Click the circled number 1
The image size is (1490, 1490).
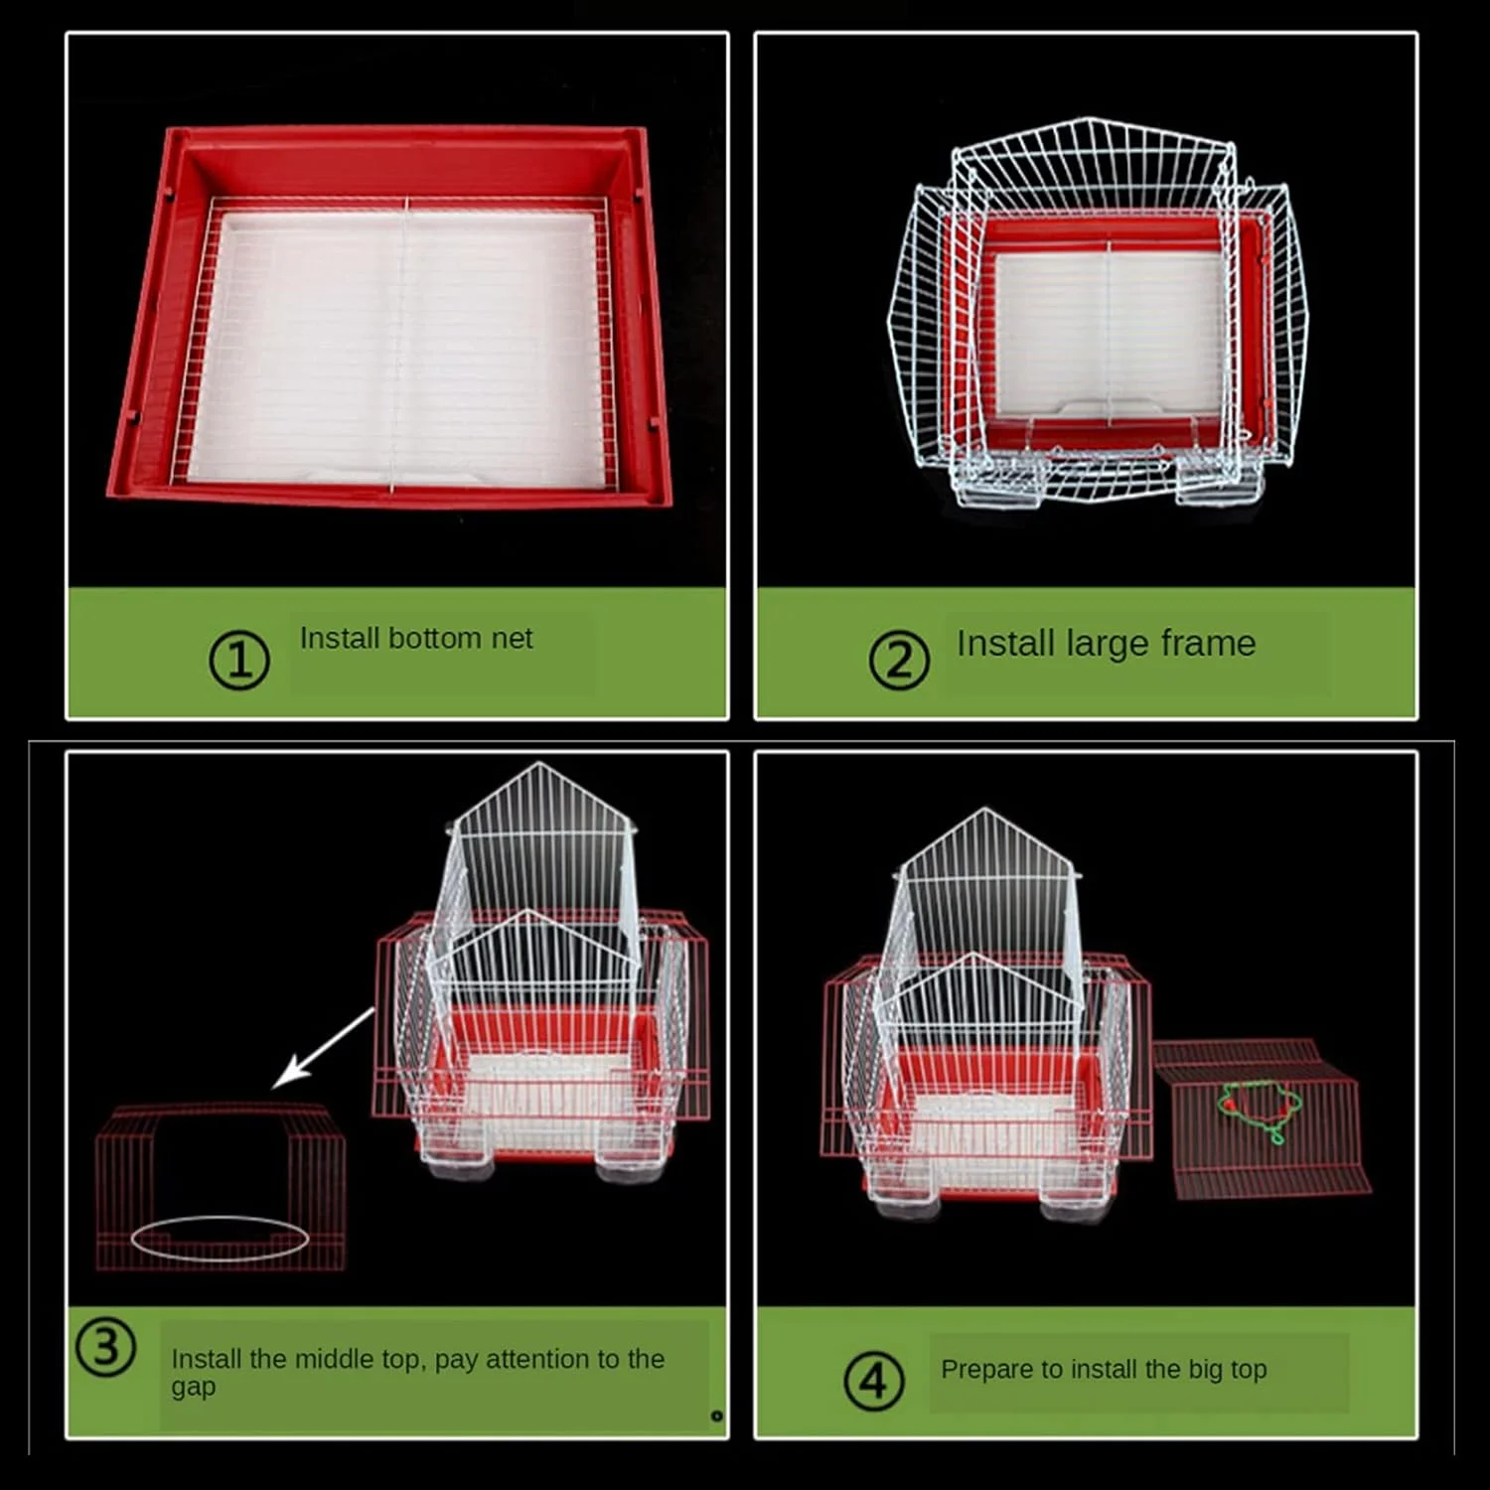[239, 660]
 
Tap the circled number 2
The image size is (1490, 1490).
[899, 661]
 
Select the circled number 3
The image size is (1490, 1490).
[105, 1347]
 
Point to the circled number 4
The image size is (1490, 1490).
[873, 1381]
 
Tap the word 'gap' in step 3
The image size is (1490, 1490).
[193, 1388]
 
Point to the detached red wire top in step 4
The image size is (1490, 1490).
[1263, 1117]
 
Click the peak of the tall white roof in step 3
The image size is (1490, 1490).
[539, 763]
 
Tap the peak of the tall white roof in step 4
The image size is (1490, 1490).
[984, 809]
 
